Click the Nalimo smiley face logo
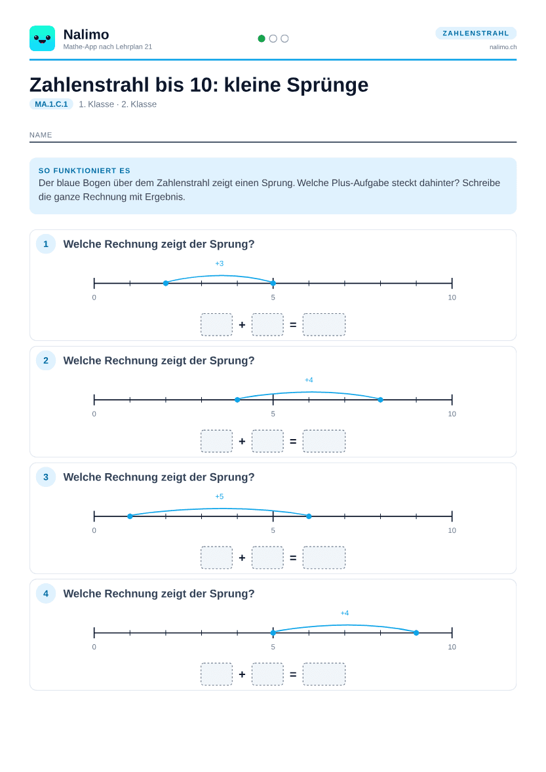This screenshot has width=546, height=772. (43, 39)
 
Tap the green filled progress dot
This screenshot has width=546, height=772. (262, 39)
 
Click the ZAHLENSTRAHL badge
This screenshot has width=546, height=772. (476, 33)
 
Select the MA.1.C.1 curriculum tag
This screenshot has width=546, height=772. (51, 104)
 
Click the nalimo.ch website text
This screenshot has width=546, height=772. (503, 47)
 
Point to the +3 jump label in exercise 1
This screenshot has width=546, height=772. (219, 263)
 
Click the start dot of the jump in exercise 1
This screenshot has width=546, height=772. (166, 283)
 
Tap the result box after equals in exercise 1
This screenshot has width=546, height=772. (324, 324)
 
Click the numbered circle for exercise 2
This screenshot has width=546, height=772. (46, 360)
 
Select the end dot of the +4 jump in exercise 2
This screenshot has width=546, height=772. (381, 400)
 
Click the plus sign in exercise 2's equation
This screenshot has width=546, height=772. (242, 441)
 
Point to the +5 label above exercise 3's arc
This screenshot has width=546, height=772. (219, 496)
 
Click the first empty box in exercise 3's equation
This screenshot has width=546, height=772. (216, 557)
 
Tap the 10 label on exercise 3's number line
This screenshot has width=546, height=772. (452, 530)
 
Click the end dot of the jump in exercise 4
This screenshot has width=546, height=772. (416, 632)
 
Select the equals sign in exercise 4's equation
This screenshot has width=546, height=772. (293, 674)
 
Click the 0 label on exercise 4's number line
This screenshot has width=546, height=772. (94, 647)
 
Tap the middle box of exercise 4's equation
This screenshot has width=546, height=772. (268, 674)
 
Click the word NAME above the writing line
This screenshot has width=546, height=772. (41, 135)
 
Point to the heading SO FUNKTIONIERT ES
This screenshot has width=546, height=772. (84, 170)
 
